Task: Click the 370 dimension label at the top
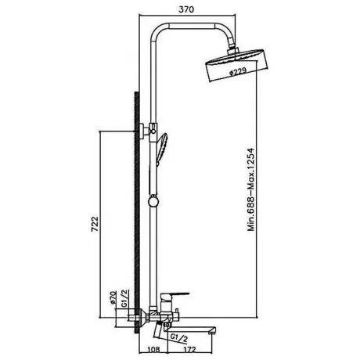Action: coord(186,9)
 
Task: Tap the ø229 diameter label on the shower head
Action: coord(238,71)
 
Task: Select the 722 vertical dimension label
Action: coord(95,224)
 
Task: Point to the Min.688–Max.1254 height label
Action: coord(250,189)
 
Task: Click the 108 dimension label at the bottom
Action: coord(153,349)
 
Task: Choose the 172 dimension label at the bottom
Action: coord(190,349)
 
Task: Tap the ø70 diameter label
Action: coord(113,297)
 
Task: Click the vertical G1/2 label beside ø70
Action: coord(124,298)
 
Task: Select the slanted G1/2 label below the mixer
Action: coord(179,338)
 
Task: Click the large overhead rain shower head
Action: coord(237,65)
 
